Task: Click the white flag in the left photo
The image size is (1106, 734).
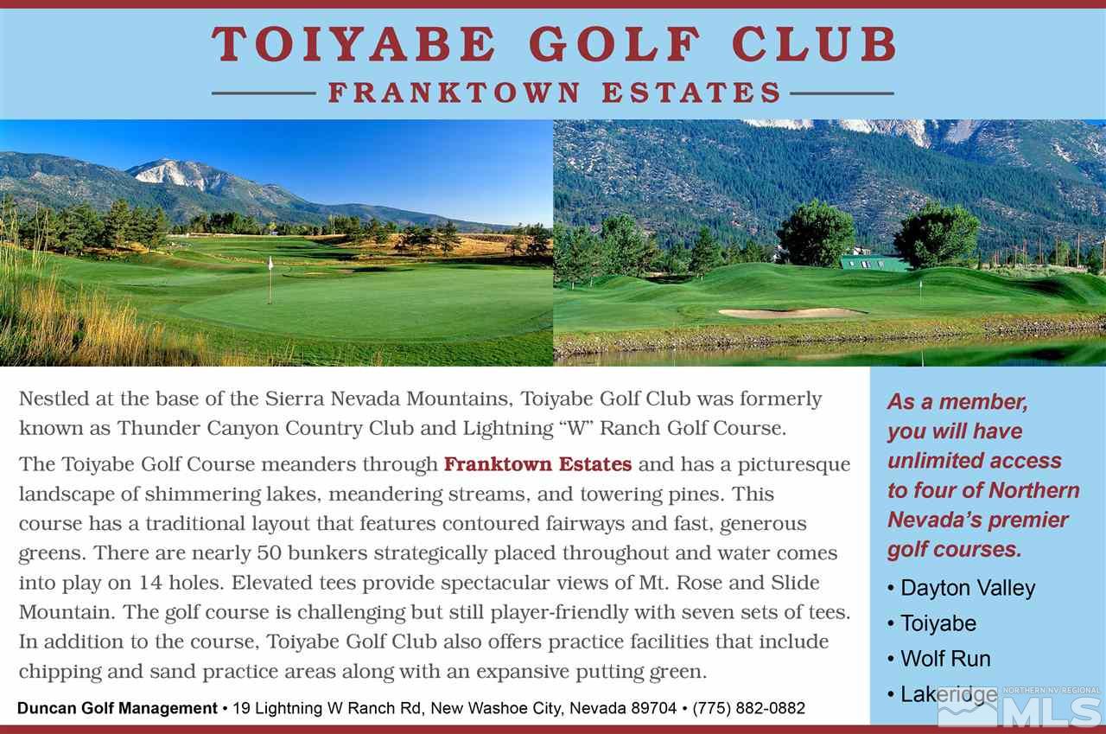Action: click(270, 264)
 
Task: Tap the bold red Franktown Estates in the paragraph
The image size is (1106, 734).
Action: click(537, 464)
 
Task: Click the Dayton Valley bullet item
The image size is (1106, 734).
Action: click(967, 588)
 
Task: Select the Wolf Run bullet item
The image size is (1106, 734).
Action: click(945, 659)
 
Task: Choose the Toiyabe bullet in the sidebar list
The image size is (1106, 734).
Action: click(938, 623)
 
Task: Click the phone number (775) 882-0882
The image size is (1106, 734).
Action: click(748, 709)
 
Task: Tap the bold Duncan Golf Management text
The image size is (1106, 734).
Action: click(118, 709)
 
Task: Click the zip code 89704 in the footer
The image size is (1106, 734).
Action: click(652, 709)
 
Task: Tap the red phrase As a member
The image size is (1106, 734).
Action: click(957, 402)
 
